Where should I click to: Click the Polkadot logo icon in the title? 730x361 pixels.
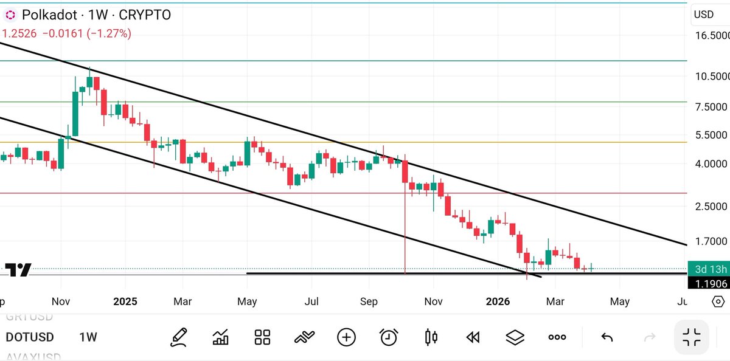[10, 15]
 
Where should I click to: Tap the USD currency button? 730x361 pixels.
[704, 15]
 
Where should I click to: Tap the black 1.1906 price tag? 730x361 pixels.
[708, 283]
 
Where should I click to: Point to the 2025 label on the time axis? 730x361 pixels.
[125, 301]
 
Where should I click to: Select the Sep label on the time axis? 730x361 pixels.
[369, 301]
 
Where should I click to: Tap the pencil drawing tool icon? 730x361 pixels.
[178, 337]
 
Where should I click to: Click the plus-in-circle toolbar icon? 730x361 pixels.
[346, 337]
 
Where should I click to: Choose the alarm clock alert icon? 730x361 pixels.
[388, 337]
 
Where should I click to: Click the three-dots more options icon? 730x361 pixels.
[557, 337]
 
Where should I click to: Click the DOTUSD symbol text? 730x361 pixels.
[30, 337]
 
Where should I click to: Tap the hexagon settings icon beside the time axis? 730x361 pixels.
[718, 301]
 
